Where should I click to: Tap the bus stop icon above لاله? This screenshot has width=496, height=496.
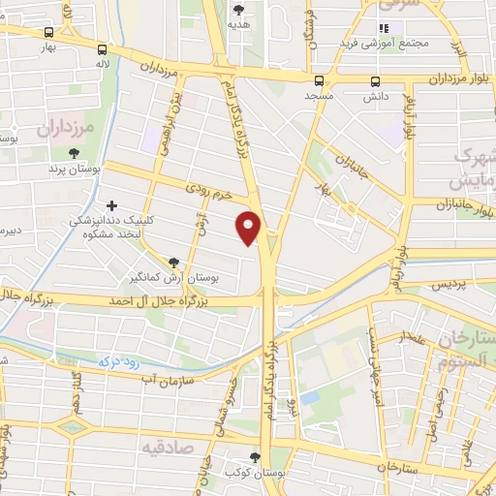(x=103, y=49)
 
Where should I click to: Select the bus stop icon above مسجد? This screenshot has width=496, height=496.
(x=319, y=80)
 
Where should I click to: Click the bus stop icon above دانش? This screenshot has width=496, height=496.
(x=375, y=80)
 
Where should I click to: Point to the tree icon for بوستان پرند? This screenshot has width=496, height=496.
(x=75, y=152)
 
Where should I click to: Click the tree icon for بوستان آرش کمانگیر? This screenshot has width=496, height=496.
(x=173, y=262)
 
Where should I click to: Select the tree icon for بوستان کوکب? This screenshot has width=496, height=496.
(x=255, y=457)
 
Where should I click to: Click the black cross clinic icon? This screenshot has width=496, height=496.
(x=113, y=205)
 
